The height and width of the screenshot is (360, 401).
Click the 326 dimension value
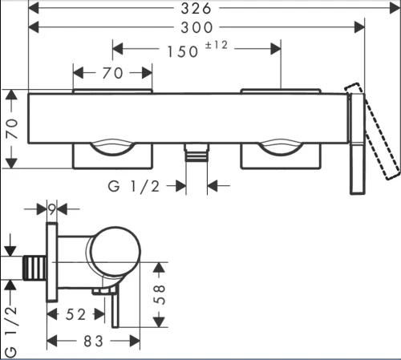(196, 9)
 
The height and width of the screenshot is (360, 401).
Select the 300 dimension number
(196, 27)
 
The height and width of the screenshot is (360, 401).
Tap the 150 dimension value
(183, 51)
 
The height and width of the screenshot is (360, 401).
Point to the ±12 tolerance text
(217, 45)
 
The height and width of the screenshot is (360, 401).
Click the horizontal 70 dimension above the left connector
(112, 73)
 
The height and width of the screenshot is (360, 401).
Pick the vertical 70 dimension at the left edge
(12, 129)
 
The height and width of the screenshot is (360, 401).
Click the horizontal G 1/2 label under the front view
(134, 186)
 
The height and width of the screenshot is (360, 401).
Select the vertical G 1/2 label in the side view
(11, 332)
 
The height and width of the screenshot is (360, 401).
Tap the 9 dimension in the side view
(52, 209)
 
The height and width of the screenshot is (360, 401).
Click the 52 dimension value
(75, 314)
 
